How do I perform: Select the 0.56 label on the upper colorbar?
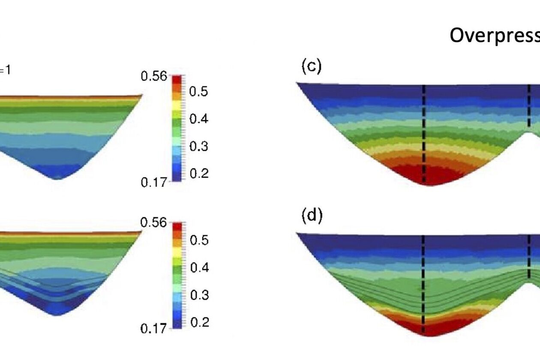pyautogui.click(x=153, y=77)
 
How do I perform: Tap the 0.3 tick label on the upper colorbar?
pyautogui.click(x=199, y=146)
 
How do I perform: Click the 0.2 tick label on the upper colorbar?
pyautogui.click(x=199, y=173)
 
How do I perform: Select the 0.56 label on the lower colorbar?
pyautogui.click(x=153, y=223)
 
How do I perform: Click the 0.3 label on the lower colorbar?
pyautogui.click(x=199, y=295)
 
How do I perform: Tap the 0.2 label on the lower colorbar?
pyautogui.click(x=199, y=322)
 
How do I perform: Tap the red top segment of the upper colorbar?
pyautogui.click(x=177, y=80)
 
